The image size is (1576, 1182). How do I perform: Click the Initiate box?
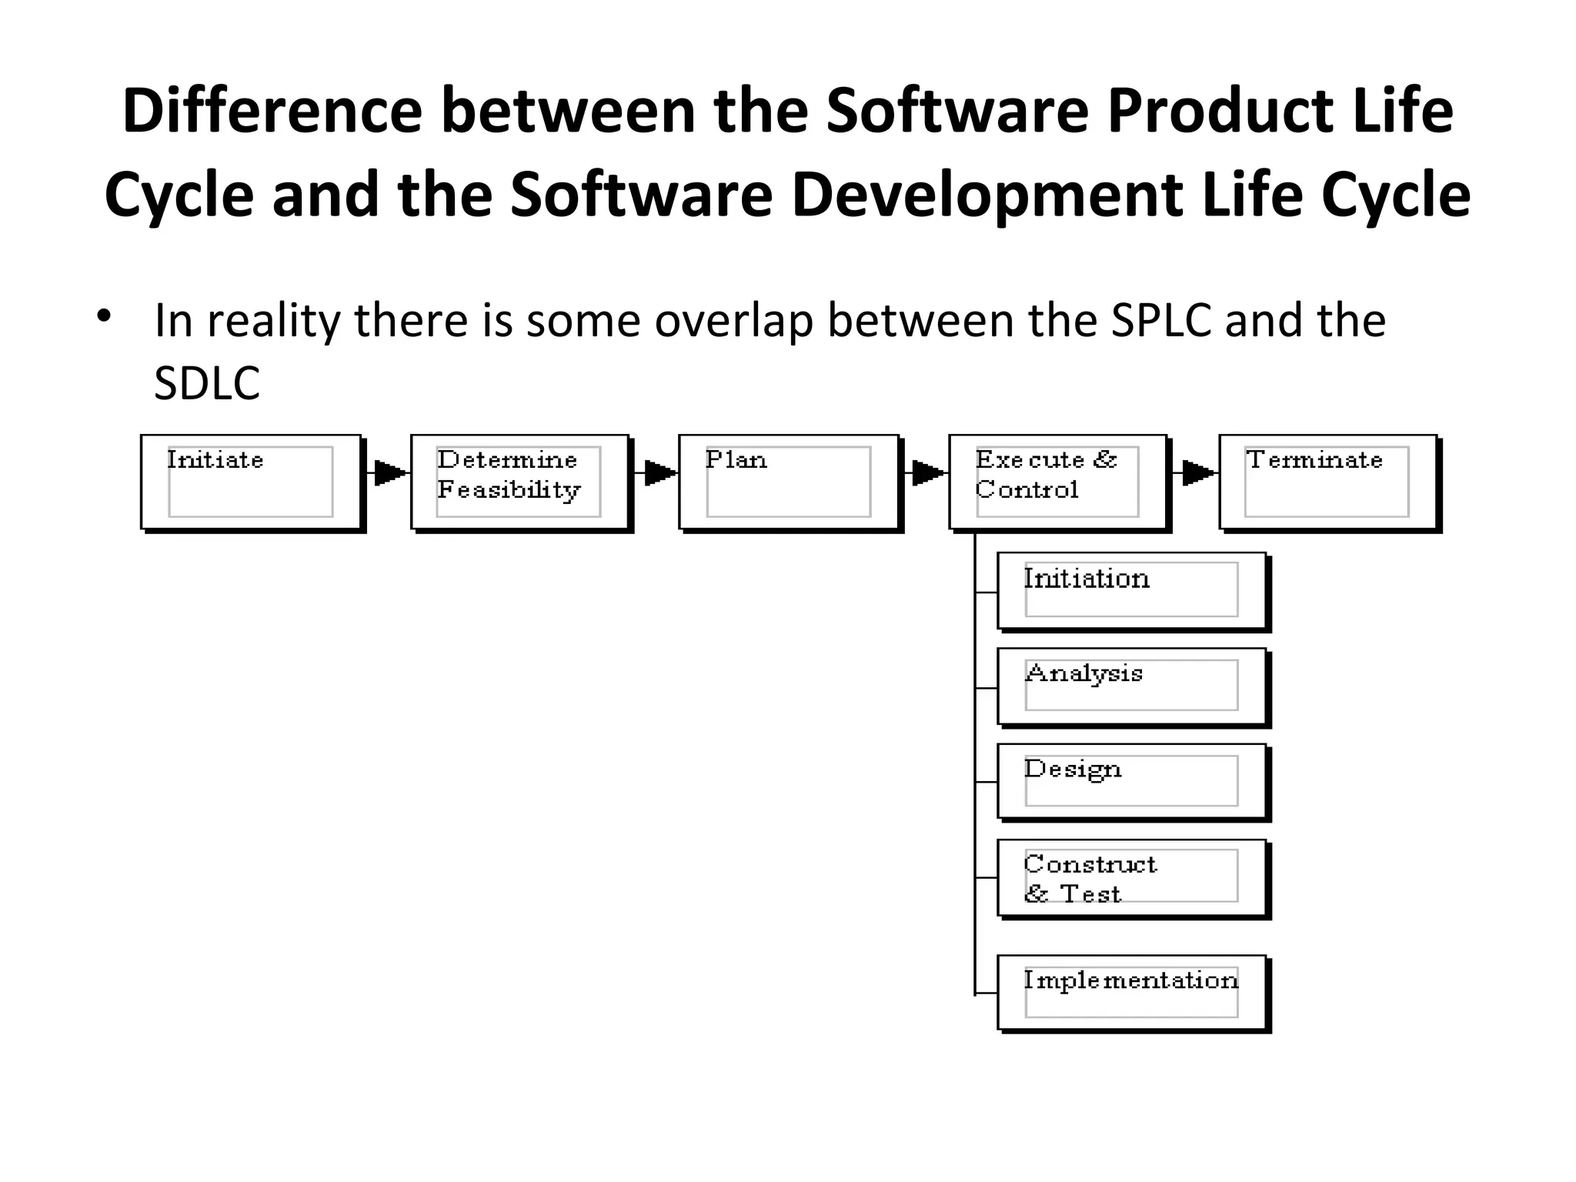pyautogui.click(x=251, y=482)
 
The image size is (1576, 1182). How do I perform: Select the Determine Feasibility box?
pyautogui.click(x=520, y=482)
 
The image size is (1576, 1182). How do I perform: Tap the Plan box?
pyautogui.click(x=789, y=482)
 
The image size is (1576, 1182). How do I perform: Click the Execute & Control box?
pyautogui.click(x=1058, y=482)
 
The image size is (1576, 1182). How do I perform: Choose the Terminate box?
pyautogui.click(x=1328, y=482)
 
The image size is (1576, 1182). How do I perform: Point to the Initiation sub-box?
pyautogui.click(x=1131, y=590)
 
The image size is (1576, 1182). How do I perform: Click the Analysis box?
pyautogui.click(x=1131, y=686)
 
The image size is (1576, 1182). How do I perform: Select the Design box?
pyautogui.click(x=1131, y=781)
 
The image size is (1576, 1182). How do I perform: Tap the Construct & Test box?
pyautogui.click(x=1131, y=877)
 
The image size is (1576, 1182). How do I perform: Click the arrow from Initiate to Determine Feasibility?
pyautogui.click(x=389, y=472)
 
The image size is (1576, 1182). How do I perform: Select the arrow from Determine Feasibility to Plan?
pyautogui.click(x=659, y=472)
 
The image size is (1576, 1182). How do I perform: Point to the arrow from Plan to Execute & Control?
pyautogui.click(x=927, y=472)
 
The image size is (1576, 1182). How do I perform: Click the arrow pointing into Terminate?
pyautogui.click(x=1197, y=472)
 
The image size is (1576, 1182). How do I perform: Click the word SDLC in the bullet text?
pyautogui.click(x=207, y=383)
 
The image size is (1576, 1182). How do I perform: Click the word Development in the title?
pyautogui.click(x=987, y=195)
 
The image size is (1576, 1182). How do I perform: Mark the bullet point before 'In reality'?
pyautogui.click(x=105, y=316)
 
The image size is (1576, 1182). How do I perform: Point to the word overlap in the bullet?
pyautogui.click(x=733, y=320)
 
